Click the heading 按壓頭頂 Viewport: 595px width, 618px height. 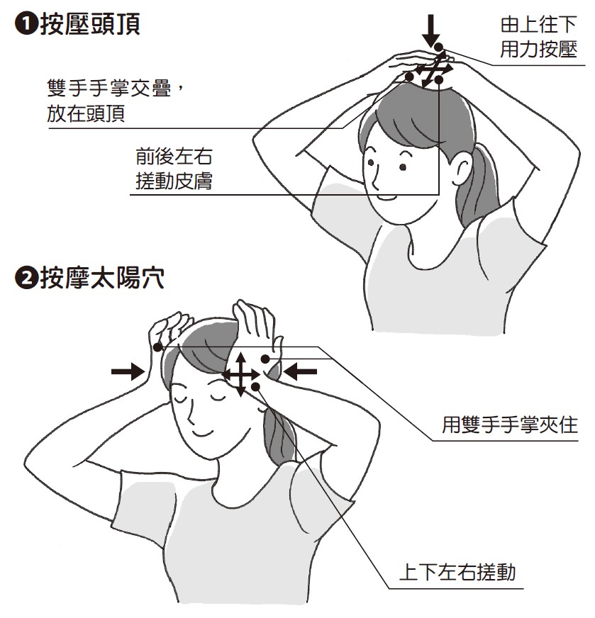click(x=90, y=24)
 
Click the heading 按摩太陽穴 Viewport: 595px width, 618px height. click(x=102, y=278)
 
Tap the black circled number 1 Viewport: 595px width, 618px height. click(x=26, y=24)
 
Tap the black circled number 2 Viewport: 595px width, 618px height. click(x=26, y=279)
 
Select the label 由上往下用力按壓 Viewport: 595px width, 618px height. click(x=538, y=37)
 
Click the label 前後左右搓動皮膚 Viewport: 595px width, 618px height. click(x=174, y=169)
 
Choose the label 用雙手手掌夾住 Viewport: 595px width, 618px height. click(x=509, y=425)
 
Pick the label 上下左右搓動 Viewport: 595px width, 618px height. click(x=457, y=572)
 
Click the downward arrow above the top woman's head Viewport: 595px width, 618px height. click(x=431, y=30)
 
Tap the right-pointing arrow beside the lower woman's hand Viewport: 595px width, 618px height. click(x=128, y=371)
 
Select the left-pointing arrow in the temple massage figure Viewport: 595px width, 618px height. click(x=301, y=371)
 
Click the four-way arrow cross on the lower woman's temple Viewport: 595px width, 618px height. click(x=241, y=374)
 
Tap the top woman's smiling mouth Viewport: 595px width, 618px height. click(x=387, y=197)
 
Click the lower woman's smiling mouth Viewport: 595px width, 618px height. click(x=204, y=433)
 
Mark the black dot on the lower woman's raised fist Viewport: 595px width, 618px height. click(x=157, y=347)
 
